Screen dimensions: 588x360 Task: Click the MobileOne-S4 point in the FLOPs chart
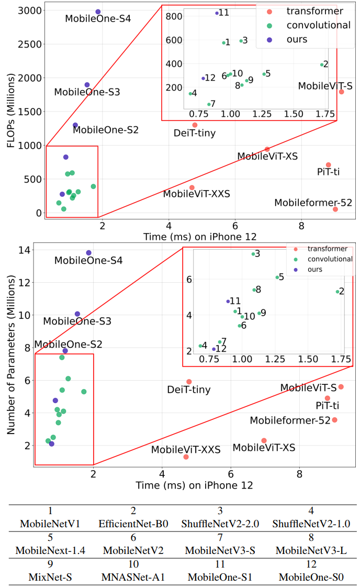[98, 12]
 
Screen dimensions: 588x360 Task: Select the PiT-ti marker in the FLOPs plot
[329, 165]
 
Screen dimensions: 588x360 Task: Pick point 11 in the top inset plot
[217, 13]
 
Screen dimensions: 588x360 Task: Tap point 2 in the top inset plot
[322, 65]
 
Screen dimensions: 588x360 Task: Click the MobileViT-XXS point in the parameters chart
[186, 457]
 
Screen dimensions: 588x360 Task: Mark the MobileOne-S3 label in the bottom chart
[77, 321]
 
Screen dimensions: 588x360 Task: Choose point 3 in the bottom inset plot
[253, 254]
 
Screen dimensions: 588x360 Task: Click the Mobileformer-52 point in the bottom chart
[335, 420]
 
